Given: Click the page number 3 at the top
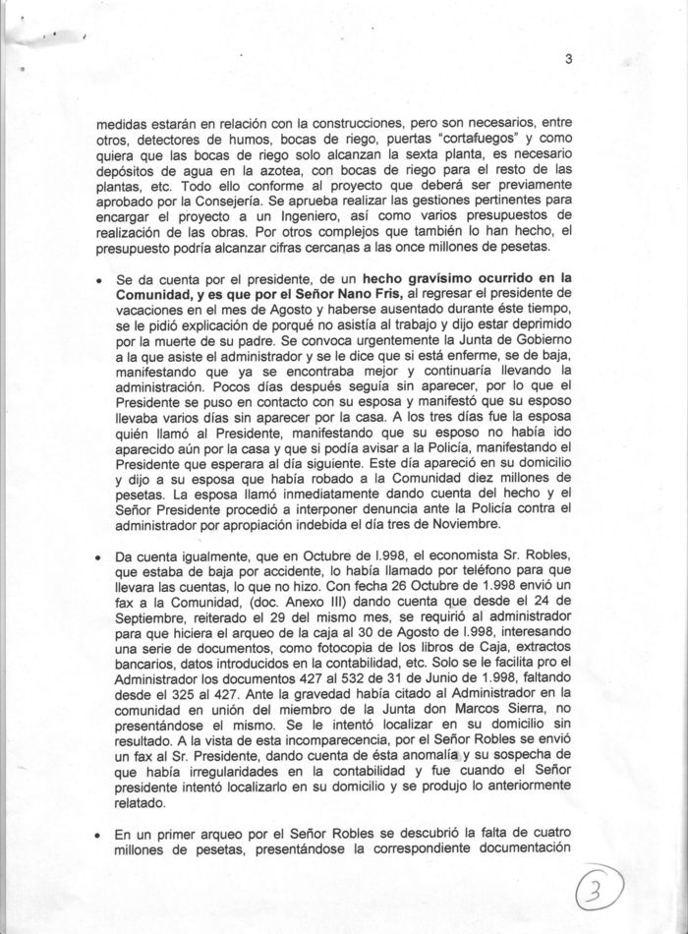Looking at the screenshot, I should [x=568, y=58].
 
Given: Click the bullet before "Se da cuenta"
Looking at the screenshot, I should [x=99, y=280].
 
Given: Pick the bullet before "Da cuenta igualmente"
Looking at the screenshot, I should [x=99, y=557].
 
